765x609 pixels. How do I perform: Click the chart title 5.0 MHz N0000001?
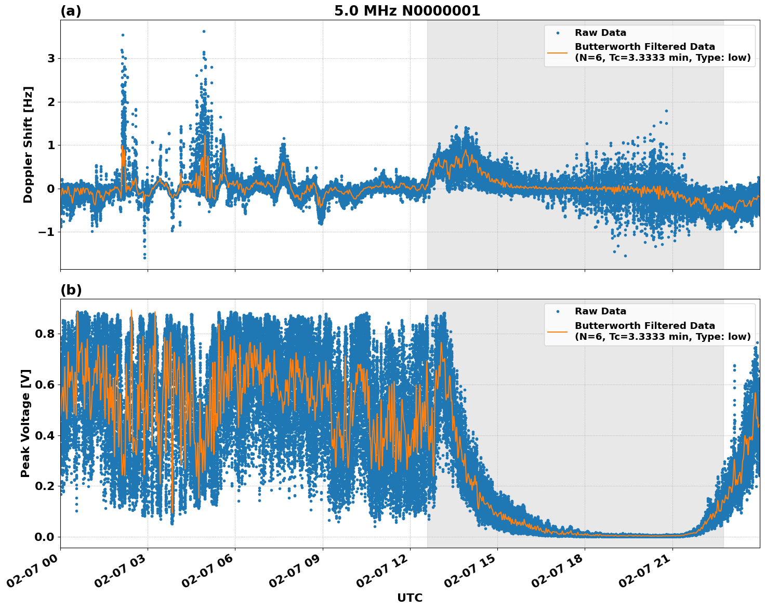click(407, 11)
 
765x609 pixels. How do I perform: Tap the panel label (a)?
click(71, 11)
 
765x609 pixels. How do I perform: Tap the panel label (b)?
click(71, 290)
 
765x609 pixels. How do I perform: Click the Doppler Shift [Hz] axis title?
click(28, 144)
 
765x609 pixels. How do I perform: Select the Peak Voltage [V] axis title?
click(25, 423)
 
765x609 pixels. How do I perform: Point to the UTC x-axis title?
click(410, 598)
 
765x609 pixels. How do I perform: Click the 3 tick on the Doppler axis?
click(51, 58)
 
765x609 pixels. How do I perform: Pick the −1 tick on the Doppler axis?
click(47, 232)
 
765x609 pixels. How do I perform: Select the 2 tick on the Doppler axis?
click(51, 102)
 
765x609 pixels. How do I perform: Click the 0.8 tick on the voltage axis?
click(45, 334)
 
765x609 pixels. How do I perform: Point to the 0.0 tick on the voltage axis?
click(45, 537)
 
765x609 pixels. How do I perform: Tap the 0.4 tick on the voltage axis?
click(45, 435)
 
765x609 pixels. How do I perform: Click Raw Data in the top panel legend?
click(600, 33)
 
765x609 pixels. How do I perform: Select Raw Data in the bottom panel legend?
click(600, 311)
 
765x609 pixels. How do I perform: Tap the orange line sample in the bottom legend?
click(558, 331)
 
